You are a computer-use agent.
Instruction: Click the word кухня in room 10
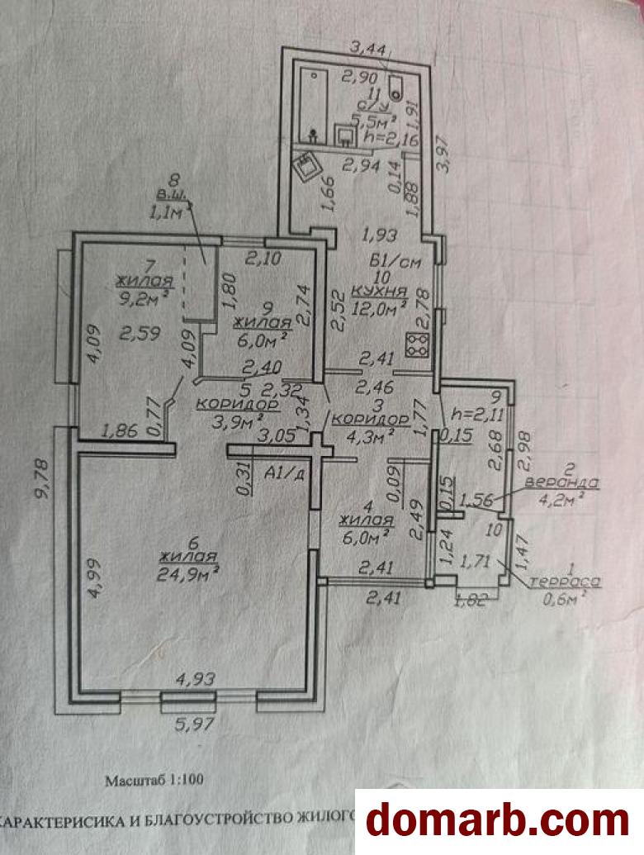pos(379,291)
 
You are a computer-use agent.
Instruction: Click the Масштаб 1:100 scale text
pos(154,778)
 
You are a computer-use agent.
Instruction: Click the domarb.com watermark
pos(498,820)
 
